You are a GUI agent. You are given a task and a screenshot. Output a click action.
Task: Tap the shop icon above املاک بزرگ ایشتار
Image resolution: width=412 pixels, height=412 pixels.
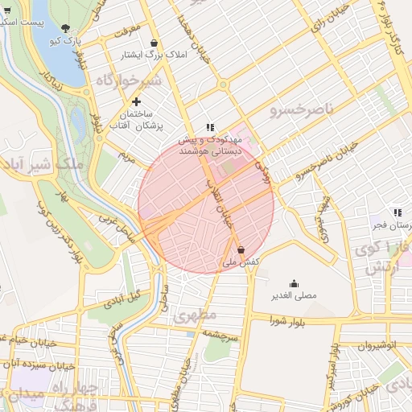154,43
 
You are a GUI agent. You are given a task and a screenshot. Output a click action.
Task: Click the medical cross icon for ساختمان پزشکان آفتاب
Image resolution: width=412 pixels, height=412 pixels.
136,101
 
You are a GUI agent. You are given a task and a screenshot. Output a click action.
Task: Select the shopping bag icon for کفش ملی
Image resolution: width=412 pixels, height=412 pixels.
241,250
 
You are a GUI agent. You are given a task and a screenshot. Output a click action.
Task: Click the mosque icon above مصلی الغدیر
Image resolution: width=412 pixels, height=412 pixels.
294,283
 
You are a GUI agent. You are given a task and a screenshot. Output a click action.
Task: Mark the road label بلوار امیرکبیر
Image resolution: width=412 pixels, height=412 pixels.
332,366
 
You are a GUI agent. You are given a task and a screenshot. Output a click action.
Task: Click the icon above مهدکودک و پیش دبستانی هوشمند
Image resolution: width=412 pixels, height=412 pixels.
210,127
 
